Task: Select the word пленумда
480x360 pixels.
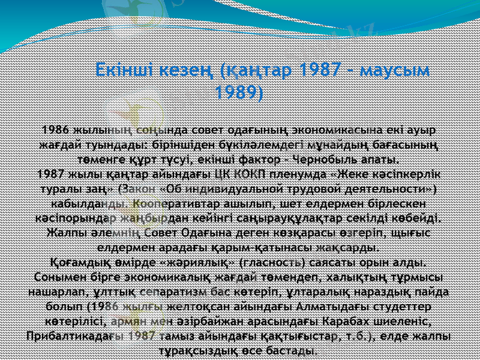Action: (297, 175)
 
